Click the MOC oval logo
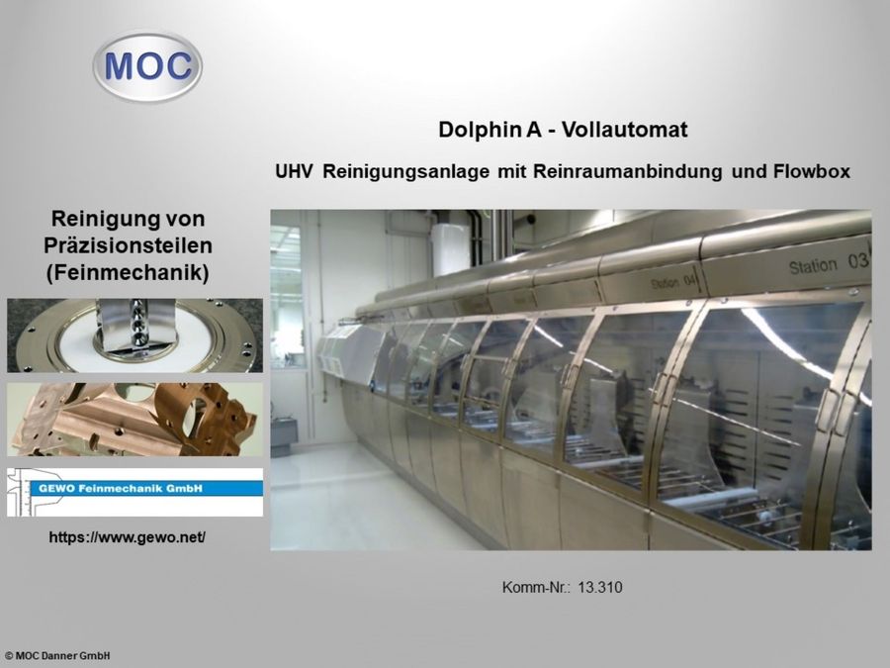[x=147, y=66]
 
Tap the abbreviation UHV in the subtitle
[x=295, y=171]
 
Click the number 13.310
[x=600, y=588]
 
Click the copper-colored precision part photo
[x=134, y=420]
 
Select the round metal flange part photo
[x=134, y=335]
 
